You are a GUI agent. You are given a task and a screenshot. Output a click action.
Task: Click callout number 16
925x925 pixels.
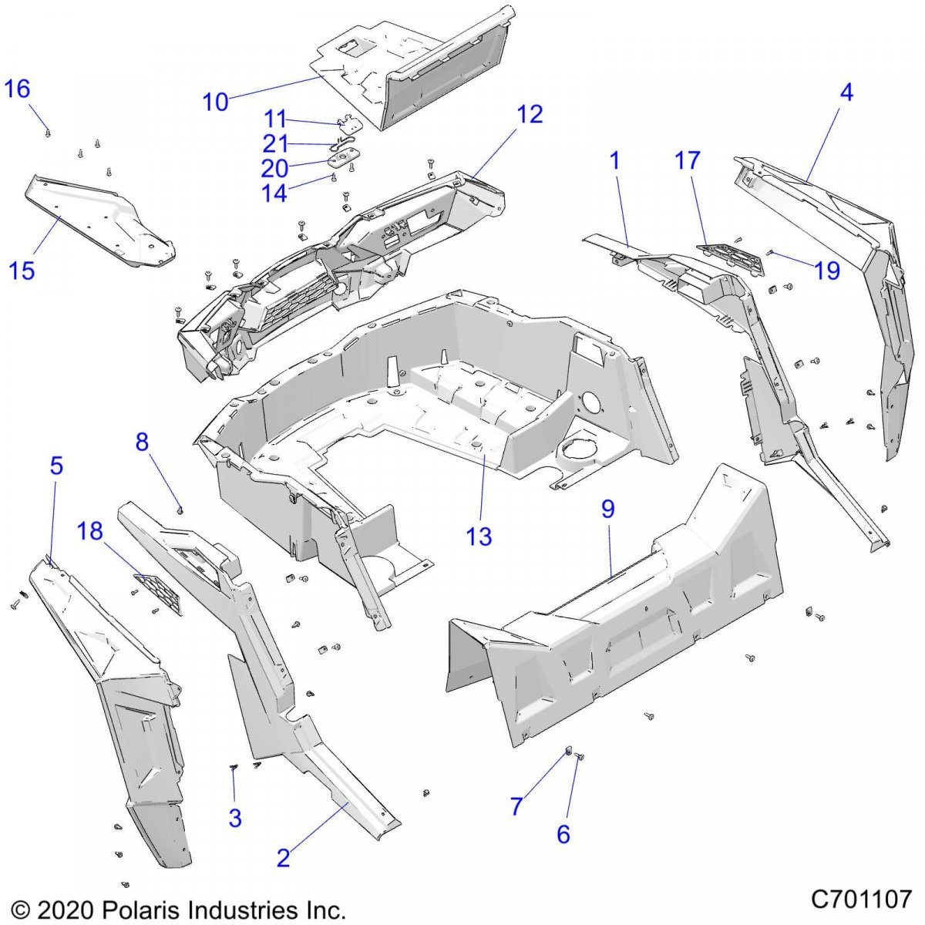pyautogui.click(x=17, y=89)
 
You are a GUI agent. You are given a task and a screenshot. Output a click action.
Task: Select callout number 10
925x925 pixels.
pyautogui.click(x=216, y=102)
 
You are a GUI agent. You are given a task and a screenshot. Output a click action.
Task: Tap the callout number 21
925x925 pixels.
pyautogui.click(x=275, y=144)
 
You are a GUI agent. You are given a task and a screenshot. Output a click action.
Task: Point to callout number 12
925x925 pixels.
pyautogui.click(x=530, y=115)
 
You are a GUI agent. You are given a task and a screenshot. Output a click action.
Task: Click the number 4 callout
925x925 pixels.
pyautogui.click(x=846, y=92)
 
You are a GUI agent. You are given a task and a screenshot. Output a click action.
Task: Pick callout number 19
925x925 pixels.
pyautogui.click(x=827, y=271)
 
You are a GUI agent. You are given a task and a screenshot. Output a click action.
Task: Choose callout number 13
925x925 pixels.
pyautogui.click(x=479, y=536)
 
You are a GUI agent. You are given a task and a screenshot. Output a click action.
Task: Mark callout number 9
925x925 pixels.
pyautogui.click(x=608, y=509)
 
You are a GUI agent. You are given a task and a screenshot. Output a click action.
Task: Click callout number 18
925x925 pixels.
pyautogui.click(x=90, y=531)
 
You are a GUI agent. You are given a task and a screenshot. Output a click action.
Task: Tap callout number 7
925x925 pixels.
pyautogui.click(x=516, y=806)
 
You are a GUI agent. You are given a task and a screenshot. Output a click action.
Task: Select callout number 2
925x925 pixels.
pyautogui.click(x=284, y=857)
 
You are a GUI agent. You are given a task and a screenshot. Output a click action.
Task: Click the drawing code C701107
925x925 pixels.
pyautogui.click(x=861, y=899)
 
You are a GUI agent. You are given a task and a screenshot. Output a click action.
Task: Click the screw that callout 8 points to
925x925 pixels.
pyautogui.click(x=180, y=509)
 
